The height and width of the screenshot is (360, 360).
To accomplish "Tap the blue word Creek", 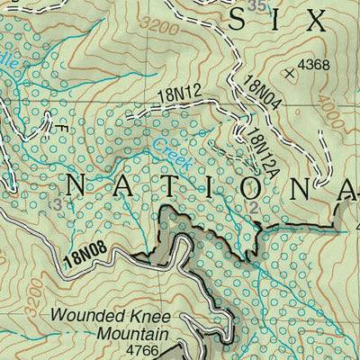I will (163, 144).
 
